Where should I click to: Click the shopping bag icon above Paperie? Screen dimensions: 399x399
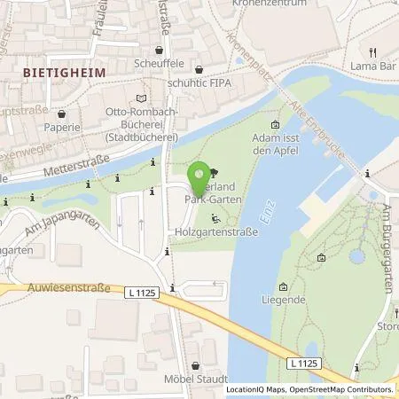pyautogui.click(x=60, y=113)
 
